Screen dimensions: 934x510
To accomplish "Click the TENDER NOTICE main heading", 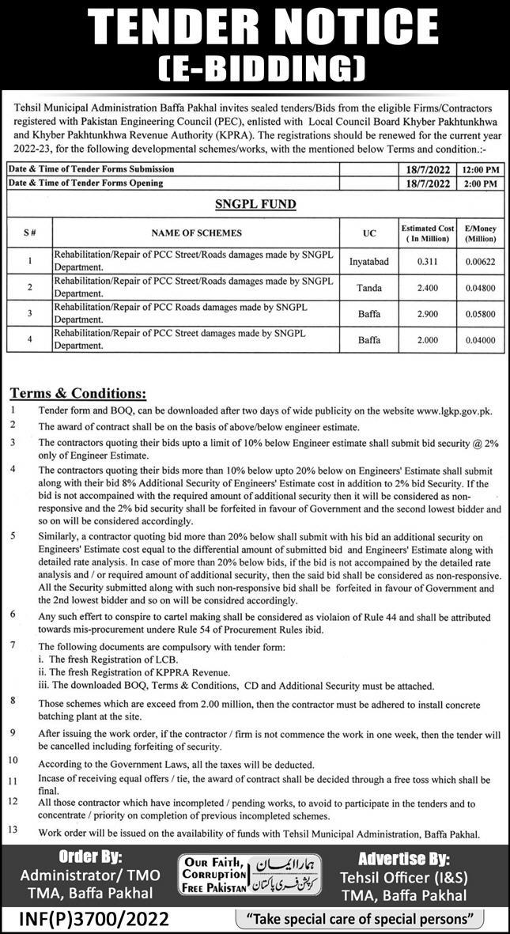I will point(255,28).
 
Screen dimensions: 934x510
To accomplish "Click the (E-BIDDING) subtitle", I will point(255,70).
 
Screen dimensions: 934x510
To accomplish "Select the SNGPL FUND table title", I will point(255,204).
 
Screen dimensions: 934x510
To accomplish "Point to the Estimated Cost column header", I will point(428,233).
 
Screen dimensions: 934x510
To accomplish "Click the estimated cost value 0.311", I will point(428,261).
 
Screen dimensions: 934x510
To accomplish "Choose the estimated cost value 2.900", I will point(428,313).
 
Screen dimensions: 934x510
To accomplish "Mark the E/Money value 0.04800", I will point(480,287).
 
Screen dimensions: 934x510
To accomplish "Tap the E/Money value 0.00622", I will point(480,261).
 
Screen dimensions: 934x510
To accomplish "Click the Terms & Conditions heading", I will point(78,393).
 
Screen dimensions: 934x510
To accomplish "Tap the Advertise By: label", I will point(403,858).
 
